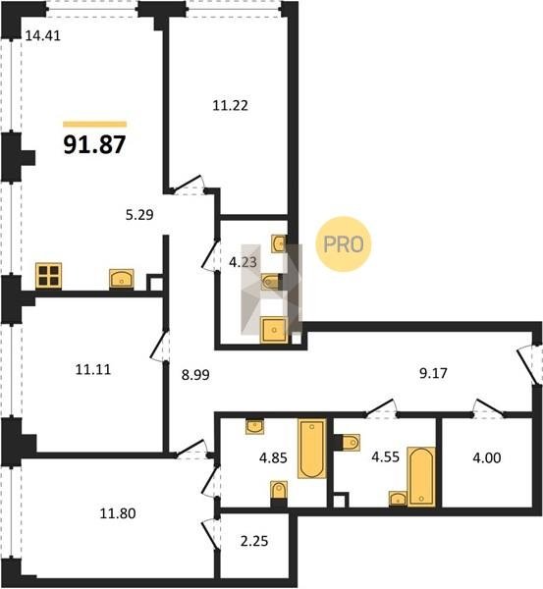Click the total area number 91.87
[94, 144]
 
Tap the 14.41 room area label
[43, 35]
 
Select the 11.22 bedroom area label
[231, 106]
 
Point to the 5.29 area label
[139, 215]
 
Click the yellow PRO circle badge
[344, 244]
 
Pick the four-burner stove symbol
[49, 276]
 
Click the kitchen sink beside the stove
[122, 279]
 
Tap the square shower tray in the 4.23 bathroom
[274, 330]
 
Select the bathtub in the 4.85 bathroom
[312, 449]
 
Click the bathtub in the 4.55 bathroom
[421, 477]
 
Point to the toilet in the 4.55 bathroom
[352, 442]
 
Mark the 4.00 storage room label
[487, 458]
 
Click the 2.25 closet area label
[254, 541]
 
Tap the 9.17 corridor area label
[433, 373]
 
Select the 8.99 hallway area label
[195, 375]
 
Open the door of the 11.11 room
[159, 346]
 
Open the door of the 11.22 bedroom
[188, 185]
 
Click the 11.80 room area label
[118, 513]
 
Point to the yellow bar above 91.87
[94, 125]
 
